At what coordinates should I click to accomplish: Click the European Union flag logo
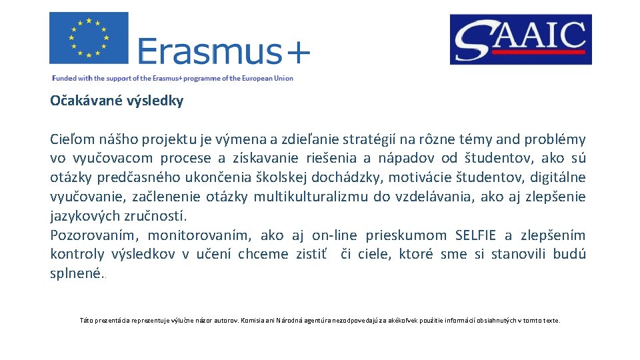89,38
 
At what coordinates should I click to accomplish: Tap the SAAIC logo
520,39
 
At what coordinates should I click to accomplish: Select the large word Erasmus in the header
208,51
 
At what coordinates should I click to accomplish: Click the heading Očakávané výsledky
117,101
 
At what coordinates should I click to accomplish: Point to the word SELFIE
475,235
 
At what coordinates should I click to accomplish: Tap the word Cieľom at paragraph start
73,140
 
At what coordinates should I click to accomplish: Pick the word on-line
334,235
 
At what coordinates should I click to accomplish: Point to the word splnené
76,274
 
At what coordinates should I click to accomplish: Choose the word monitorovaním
200,235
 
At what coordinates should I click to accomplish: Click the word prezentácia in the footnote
111,321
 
